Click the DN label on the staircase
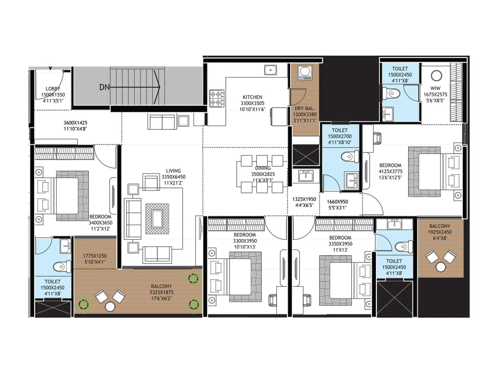[105, 87]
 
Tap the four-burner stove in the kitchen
[217, 98]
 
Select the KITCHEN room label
[252, 97]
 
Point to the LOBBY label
[53, 89]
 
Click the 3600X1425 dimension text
[75, 123]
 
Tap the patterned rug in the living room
[157, 219]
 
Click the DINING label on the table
[263, 168]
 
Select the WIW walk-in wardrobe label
[435, 88]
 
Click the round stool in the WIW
[436, 76]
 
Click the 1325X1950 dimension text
[304, 199]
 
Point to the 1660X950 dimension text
[337, 202]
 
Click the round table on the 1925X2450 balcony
[441, 267]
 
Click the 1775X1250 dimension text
[95, 256]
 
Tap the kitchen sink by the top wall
[270, 70]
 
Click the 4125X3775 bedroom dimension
[390, 172]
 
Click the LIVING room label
[173, 171]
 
